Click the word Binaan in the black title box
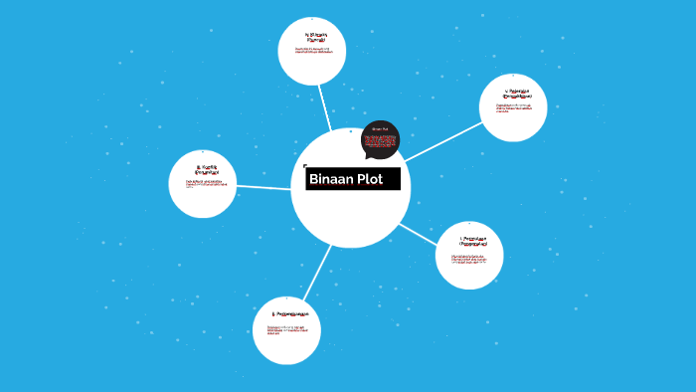(331, 180)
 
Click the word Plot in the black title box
(370, 180)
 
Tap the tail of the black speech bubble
(369, 159)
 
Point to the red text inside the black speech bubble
(380, 143)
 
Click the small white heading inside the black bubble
(380, 128)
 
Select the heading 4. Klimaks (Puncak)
(311, 37)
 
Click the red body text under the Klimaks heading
(312, 50)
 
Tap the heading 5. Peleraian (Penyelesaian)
(513, 96)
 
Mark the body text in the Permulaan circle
(469, 259)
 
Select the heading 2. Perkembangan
(286, 315)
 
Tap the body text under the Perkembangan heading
(286, 329)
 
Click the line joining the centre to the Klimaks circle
(322, 105)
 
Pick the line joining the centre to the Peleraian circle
(441, 141)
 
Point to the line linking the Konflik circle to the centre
(263, 187)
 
